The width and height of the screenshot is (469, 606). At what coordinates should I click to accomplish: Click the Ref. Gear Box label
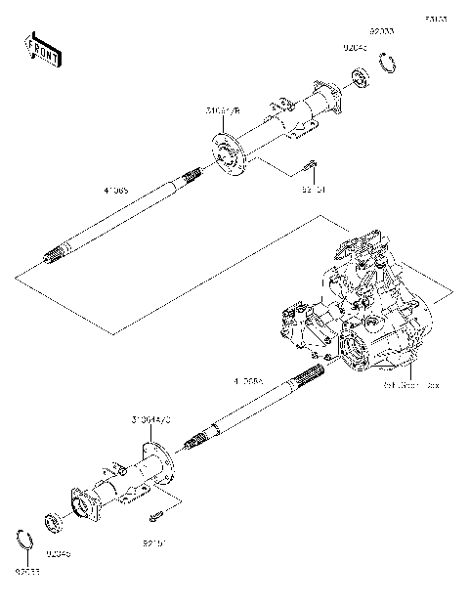(x=411, y=385)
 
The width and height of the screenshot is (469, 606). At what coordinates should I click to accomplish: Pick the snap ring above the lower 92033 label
(x=29, y=539)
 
